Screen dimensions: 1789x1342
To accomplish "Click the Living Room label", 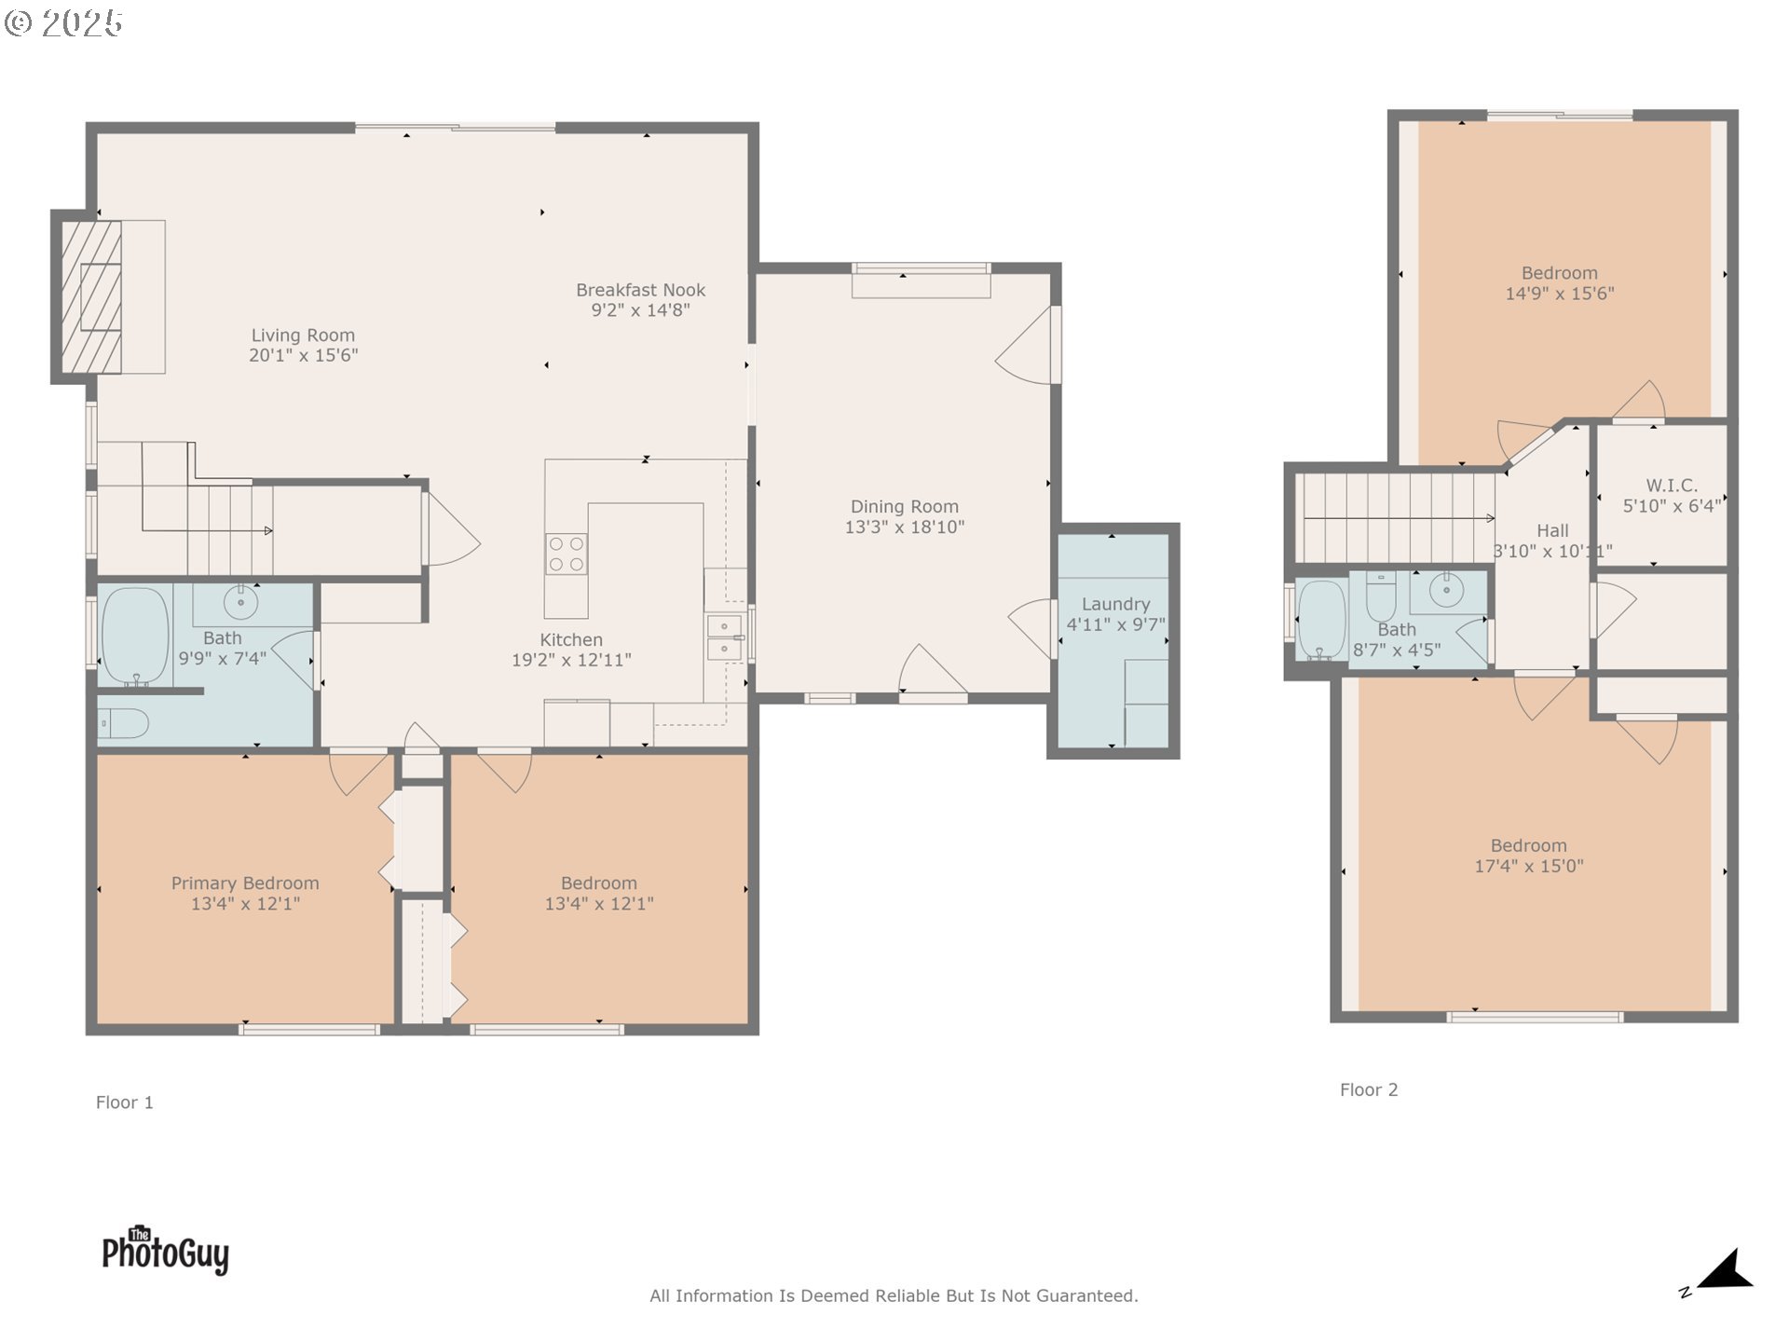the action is point(303,335).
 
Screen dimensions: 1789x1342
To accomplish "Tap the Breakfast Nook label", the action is point(640,290).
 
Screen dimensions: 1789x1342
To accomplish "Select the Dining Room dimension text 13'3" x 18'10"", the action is point(904,527).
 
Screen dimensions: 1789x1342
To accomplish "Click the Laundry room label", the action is point(1115,604).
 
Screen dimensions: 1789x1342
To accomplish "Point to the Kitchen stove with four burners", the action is point(567,554).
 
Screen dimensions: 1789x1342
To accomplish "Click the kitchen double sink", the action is point(724,637).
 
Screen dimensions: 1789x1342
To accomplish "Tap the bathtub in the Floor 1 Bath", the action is point(135,637).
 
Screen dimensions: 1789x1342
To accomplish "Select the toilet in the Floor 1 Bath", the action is point(124,723).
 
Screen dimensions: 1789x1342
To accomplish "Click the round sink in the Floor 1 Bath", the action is point(241,603).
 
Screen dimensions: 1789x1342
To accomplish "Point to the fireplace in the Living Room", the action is point(91,297).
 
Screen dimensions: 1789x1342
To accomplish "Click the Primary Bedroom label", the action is point(245,883).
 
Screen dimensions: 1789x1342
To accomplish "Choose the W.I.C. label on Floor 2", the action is point(1672,486).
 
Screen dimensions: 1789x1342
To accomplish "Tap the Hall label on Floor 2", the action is point(1552,530).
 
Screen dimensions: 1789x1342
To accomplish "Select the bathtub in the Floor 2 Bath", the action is point(1321,620).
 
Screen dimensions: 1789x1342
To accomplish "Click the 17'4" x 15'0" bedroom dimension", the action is point(1529,866).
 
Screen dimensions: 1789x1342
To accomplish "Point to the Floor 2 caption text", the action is point(1369,1089).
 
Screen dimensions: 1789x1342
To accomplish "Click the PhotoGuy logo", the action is point(166,1250).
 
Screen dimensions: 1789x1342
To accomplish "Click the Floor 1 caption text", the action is point(124,1102).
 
